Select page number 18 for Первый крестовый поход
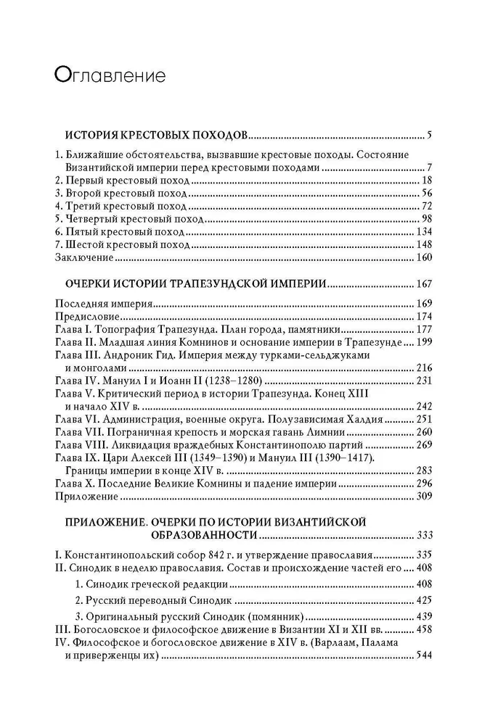(x=426, y=180)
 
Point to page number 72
(x=426, y=207)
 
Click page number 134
(x=423, y=233)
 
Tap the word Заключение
(x=84, y=258)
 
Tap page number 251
(x=423, y=419)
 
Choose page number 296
(x=423, y=484)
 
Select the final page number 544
(x=423, y=655)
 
